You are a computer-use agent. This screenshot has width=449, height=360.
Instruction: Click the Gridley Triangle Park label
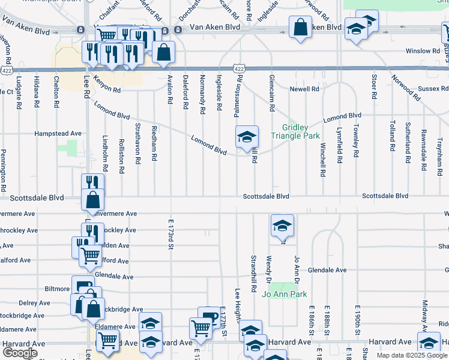pos(295,132)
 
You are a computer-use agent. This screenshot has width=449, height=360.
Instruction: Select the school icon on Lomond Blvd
pos(247,137)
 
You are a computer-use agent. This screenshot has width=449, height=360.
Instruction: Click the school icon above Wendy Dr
pos(282,226)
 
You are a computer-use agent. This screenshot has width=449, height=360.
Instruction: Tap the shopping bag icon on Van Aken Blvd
pos(300,28)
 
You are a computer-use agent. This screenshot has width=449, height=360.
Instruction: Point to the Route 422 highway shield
pos(240,70)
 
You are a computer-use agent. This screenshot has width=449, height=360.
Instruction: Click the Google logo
pos(20,353)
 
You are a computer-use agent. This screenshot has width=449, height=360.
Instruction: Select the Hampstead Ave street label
pos(58,133)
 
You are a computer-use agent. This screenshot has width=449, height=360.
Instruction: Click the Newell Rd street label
pos(304,89)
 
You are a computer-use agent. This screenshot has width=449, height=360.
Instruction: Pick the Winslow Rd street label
pos(423,51)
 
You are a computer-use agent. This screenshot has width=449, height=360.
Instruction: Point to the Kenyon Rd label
pos(107,87)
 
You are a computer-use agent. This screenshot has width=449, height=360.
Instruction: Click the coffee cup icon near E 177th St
pos(209,317)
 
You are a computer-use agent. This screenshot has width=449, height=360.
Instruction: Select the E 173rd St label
pos(170,235)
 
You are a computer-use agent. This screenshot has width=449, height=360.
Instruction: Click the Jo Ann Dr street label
pos(296,270)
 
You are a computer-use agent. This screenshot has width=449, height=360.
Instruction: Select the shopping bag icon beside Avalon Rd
pos(163,52)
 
